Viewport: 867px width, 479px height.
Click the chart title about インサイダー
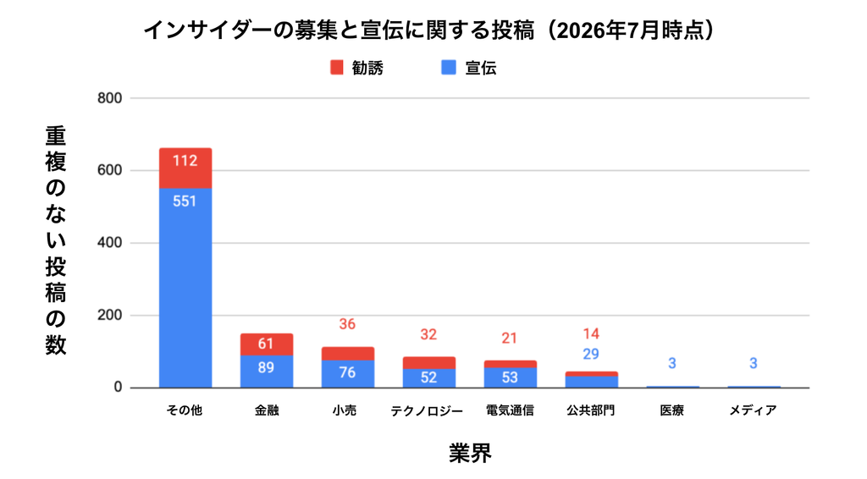429,30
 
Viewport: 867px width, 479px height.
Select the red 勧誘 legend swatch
337,68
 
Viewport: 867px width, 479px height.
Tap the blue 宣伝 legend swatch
449,68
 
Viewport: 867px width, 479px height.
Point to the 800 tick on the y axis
109,98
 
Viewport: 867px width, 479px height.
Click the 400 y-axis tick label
109,243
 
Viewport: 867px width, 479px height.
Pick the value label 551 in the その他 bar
185,201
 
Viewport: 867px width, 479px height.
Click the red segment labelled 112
185,168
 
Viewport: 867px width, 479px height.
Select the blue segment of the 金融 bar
267,372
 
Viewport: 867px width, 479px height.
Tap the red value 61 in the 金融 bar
266,344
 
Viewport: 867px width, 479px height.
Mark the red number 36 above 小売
347,324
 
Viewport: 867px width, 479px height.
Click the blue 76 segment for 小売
348,374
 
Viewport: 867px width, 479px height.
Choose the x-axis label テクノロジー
427,410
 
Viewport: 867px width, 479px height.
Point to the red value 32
428,334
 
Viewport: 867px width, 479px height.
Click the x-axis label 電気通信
510,410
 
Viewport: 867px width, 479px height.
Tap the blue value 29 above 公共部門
591,354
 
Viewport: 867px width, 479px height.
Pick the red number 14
591,333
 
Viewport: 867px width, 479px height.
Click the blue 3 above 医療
672,364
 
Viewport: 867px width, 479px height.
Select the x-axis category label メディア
753,410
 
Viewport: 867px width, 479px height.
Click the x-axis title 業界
470,453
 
